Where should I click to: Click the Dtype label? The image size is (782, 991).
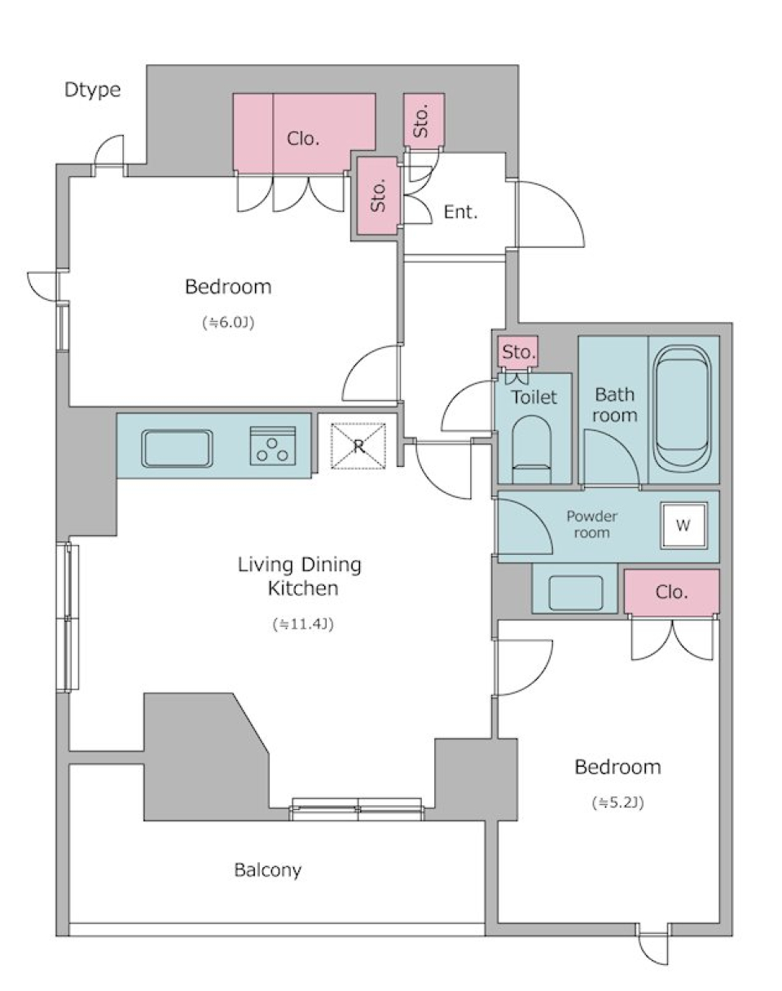click(x=93, y=90)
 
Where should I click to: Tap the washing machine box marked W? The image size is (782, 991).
click(x=683, y=526)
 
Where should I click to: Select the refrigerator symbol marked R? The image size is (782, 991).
click(x=358, y=447)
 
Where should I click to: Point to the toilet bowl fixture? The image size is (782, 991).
click(x=532, y=448)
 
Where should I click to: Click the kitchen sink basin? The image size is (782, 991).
click(x=178, y=449)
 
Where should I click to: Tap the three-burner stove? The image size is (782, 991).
click(x=273, y=445)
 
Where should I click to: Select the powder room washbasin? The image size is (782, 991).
click(x=575, y=592)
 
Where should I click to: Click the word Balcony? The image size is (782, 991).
click(x=268, y=870)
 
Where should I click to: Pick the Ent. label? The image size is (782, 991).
click(x=460, y=212)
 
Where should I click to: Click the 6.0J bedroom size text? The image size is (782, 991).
click(x=228, y=323)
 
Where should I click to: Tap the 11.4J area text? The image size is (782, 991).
click(x=303, y=624)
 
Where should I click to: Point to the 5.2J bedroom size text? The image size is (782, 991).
click(x=617, y=803)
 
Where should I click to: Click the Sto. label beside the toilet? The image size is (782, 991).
click(x=519, y=352)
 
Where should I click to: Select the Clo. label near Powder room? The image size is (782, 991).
click(x=671, y=592)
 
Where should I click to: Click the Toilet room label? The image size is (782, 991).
click(x=534, y=397)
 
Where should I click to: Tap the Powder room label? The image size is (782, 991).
click(x=591, y=525)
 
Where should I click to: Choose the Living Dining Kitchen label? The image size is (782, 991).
click(x=300, y=576)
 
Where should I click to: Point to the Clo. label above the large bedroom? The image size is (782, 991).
click(x=303, y=139)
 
